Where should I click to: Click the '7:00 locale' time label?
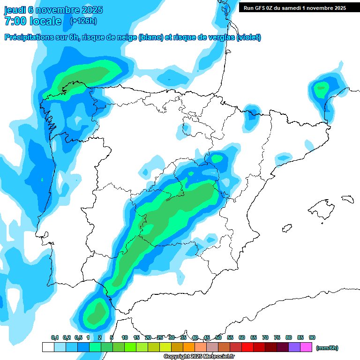tap(33, 22)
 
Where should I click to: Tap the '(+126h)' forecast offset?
tap(83, 21)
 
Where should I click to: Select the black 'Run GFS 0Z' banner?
tap(292, 8)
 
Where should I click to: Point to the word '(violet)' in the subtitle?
tap(249, 37)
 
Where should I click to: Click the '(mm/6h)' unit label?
tap(327, 348)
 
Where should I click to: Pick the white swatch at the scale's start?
tap(48, 347)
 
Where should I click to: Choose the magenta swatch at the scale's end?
tap(306, 347)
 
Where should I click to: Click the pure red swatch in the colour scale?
tap(247, 347)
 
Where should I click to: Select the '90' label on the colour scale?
tap(312, 338)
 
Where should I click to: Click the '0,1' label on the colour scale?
tap(55, 338)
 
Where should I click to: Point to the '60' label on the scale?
tap(242, 338)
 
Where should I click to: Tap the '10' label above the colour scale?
tap(125, 338)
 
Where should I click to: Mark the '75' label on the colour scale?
tap(277, 338)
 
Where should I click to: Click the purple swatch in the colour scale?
tap(294, 347)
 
